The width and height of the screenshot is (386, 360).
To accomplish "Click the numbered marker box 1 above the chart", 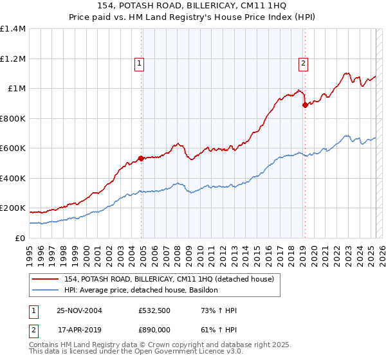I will click(x=140, y=63).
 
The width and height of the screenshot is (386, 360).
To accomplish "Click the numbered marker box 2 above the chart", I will click(x=303, y=63).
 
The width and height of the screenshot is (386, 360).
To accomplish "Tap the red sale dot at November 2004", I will click(x=141, y=158).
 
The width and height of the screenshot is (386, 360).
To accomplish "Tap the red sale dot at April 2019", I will click(x=305, y=105).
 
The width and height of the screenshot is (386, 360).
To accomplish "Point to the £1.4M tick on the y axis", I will click(x=13, y=29).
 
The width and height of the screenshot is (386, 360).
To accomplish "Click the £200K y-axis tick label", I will click(x=13, y=208).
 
